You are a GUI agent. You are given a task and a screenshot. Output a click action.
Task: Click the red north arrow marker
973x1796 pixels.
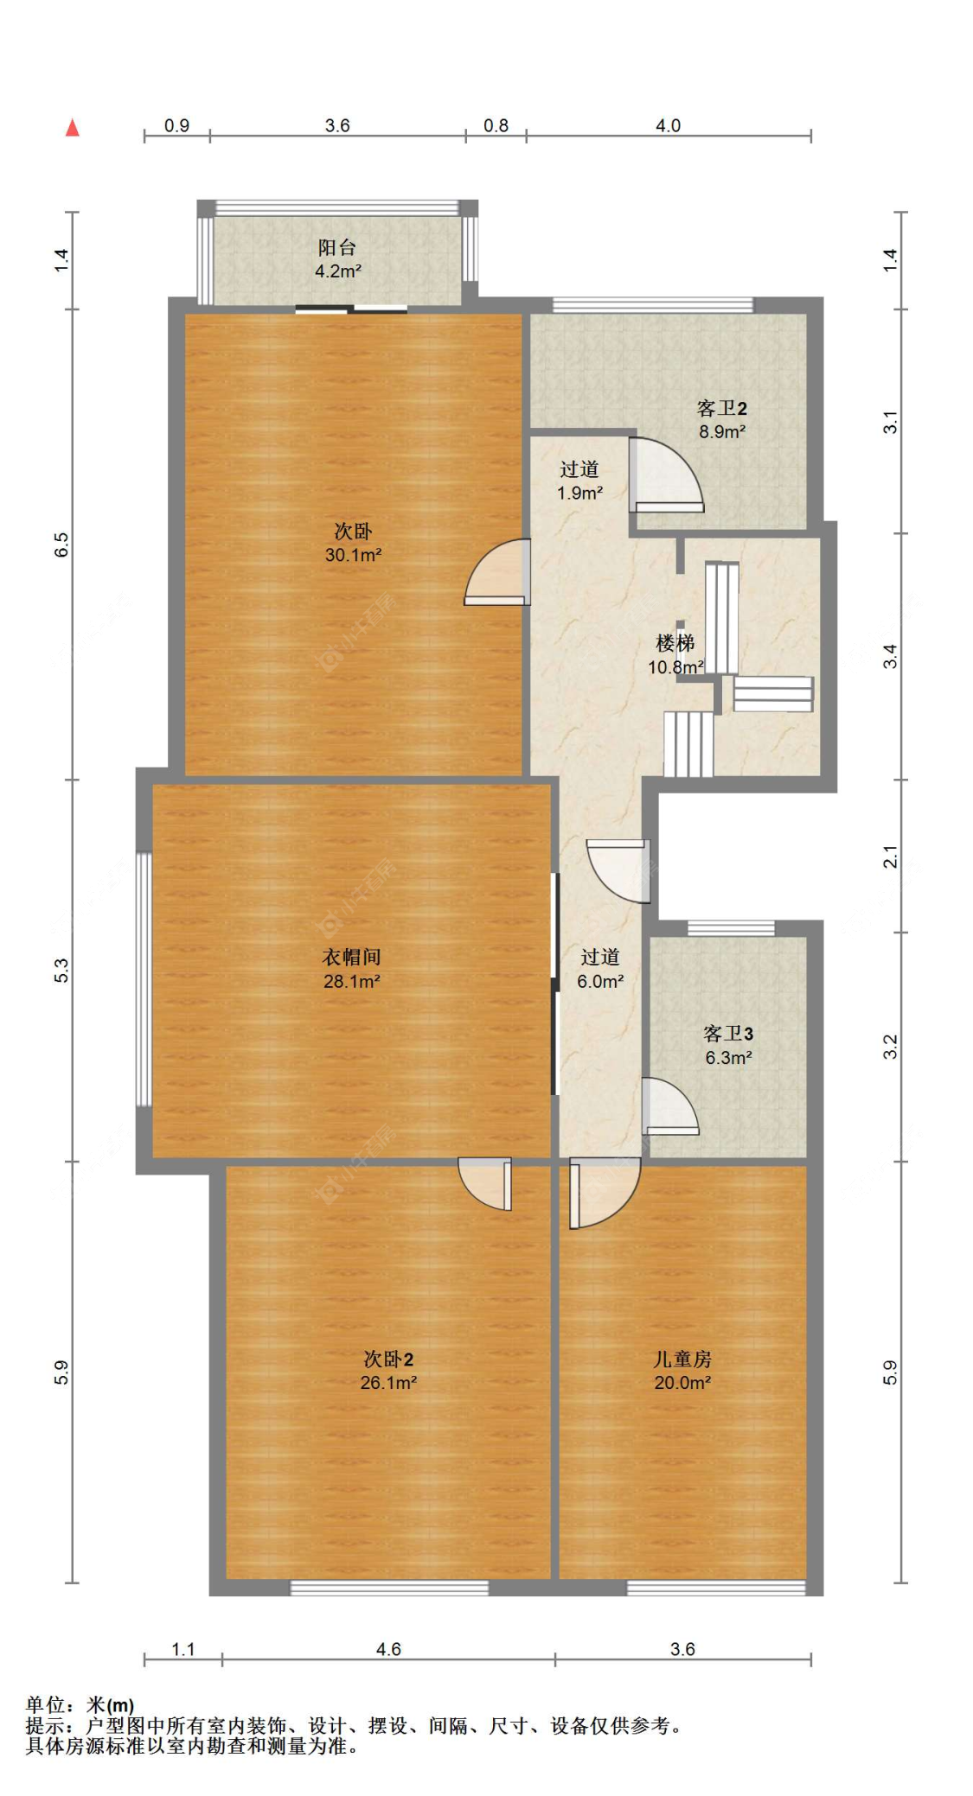tap(73, 128)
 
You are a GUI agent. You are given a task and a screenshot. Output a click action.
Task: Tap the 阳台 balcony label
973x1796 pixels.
tap(336, 247)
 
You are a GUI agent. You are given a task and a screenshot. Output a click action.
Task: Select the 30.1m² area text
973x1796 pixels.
tap(353, 555)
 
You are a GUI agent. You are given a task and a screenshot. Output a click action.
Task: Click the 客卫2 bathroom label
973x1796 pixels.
tap(721, 408)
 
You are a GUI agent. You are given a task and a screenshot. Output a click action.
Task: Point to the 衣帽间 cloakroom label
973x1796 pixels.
tap(351, 957)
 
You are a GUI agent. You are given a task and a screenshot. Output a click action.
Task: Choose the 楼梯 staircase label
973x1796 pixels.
tap(675, 643)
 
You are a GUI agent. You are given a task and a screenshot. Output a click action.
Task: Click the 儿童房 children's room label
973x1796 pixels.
tap(682, 1359)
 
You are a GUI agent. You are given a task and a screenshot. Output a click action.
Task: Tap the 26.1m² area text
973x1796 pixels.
tap(388, 1383)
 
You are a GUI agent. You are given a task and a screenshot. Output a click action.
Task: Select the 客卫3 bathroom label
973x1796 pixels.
tap(727, 1034)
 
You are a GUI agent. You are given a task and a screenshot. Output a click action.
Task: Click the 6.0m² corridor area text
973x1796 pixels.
tap(600, 982)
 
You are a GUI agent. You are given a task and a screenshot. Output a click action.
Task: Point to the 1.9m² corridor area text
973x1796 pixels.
tap(579, 494)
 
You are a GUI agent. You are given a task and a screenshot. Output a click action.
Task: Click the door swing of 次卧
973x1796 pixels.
tap(496, 571)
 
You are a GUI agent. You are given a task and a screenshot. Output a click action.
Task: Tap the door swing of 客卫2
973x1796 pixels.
tap(666, 474)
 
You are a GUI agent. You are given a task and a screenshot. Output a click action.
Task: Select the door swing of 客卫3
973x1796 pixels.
tap(670, 1105)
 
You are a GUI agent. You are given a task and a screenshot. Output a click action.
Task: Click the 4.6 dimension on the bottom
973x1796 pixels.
tap(388, 1649)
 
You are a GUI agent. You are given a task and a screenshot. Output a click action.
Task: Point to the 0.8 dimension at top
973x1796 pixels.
tap(496, 126)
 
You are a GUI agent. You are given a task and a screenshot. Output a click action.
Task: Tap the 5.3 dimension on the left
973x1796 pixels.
tap(61, 971)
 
